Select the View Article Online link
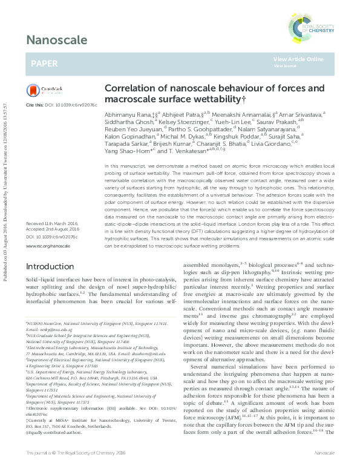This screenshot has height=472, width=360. [x=298, y=59]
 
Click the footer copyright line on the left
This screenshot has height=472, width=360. [x=76, y=453]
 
